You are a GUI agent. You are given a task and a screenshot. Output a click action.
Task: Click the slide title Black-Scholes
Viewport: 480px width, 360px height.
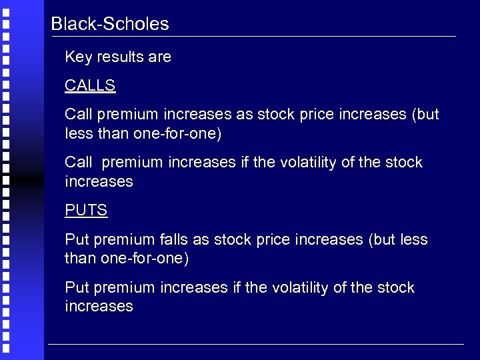tap(110, 25)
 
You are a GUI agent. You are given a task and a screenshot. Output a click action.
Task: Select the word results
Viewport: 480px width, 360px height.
tap(120, 57)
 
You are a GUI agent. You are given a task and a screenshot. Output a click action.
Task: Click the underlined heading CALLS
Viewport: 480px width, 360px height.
tap(90, 86)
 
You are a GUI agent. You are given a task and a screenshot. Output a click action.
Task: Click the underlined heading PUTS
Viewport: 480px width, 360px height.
tap(86, 211)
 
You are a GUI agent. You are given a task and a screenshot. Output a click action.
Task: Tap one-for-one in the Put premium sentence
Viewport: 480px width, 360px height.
tap(147, 258)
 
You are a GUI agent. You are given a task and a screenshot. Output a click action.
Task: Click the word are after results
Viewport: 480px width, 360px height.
tap(160, 57)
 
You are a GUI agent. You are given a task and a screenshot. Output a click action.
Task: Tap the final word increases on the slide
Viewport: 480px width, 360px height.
tap(99, 307)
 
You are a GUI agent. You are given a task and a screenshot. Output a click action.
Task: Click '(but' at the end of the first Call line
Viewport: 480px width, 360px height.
tap(425, 115)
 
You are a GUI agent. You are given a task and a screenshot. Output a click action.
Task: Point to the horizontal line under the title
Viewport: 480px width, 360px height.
tap(253, 36)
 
